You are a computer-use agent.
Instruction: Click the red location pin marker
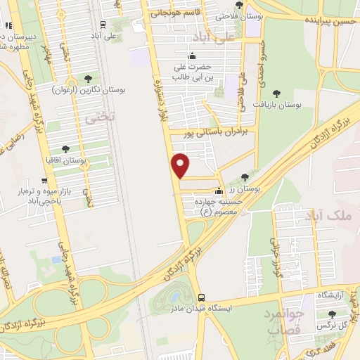click(181, 165)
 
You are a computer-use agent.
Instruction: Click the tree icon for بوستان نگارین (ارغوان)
click(87, 79)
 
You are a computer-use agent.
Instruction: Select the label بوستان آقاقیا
click(84, 161)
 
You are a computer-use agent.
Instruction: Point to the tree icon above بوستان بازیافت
click(275, 91)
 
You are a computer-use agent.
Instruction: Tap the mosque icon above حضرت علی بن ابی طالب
click(193, 57)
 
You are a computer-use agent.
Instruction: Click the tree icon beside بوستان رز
click(244, 177)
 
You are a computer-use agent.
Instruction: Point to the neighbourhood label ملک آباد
click(332, 216)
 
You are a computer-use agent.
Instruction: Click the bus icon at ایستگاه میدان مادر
click(202, 297)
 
